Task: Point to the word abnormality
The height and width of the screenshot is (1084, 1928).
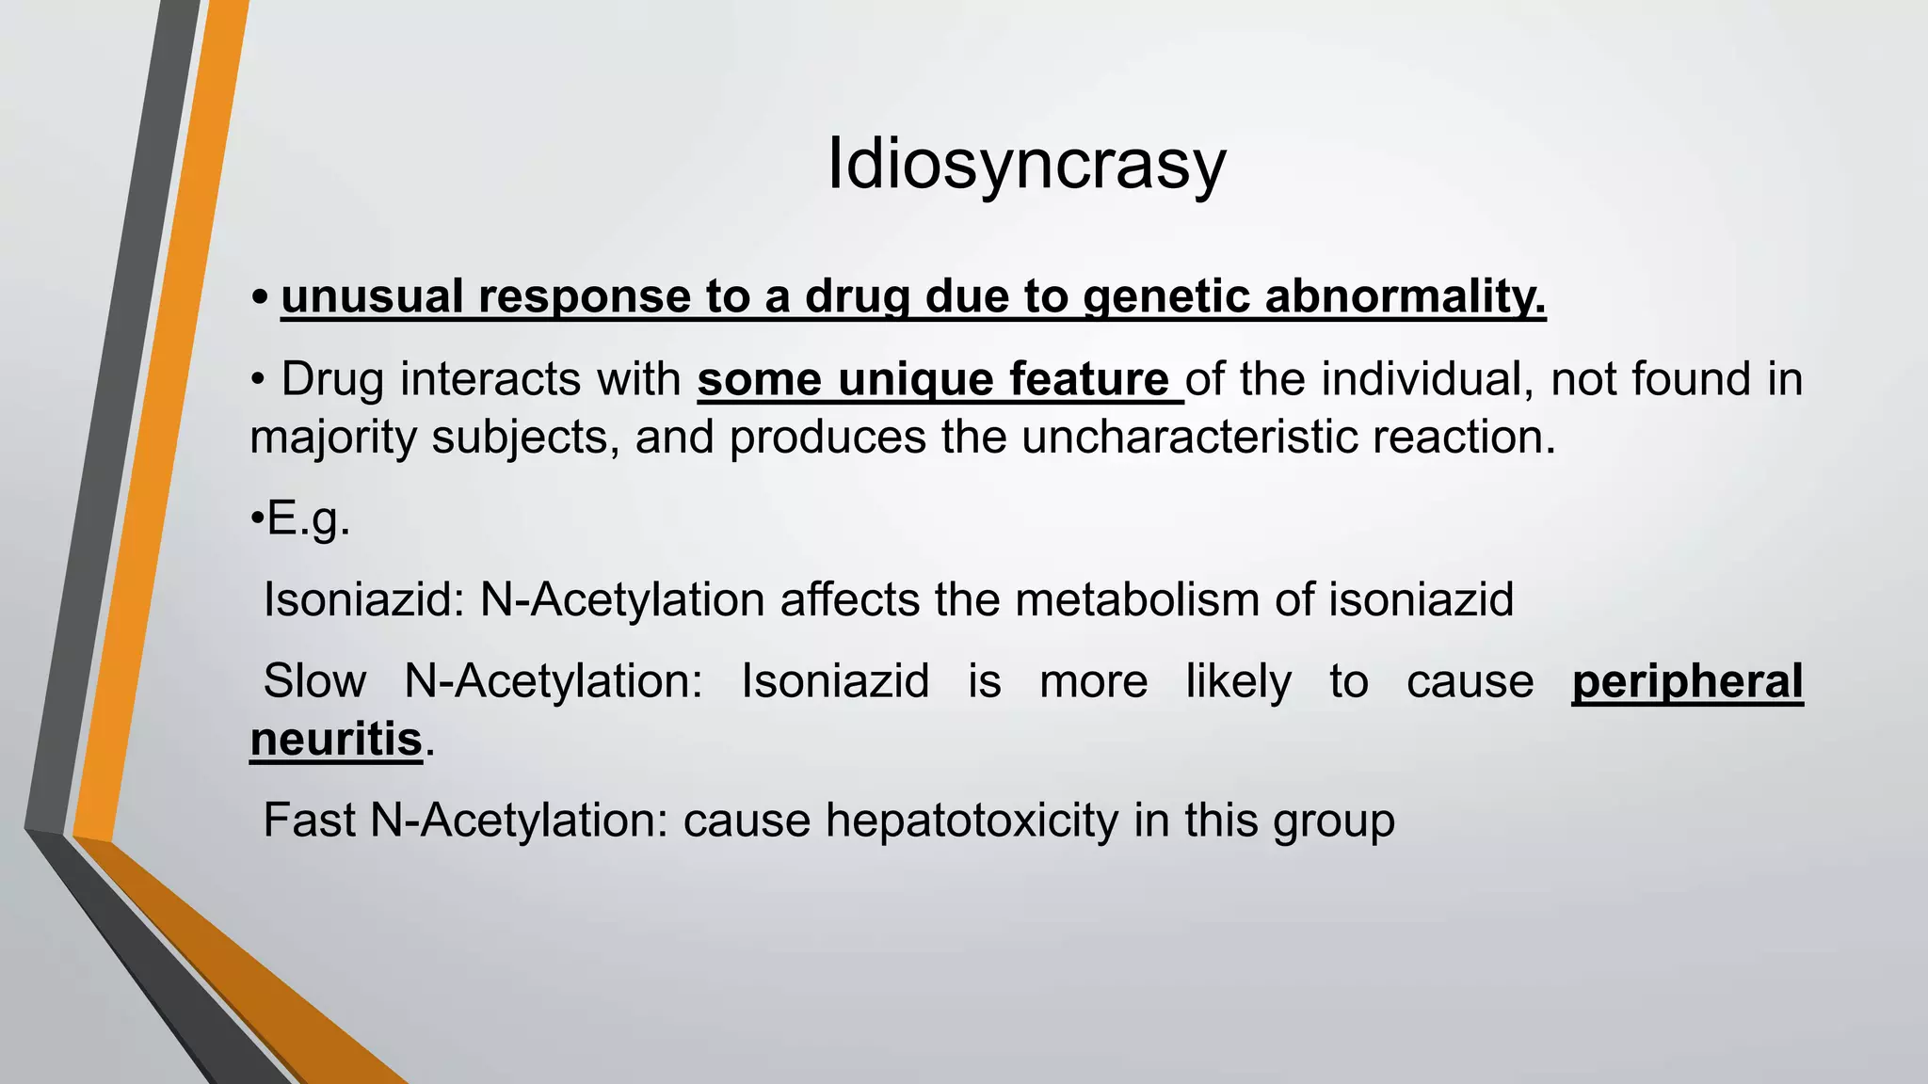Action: tap(1406, 297)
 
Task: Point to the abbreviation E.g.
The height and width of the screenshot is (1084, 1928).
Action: tap(309, 518)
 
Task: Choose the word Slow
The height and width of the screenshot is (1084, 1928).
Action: tap(314, 681)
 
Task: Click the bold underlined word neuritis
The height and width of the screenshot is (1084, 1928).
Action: tap(336, 740)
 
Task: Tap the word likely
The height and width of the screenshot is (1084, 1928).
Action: tap(1238, 682)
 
